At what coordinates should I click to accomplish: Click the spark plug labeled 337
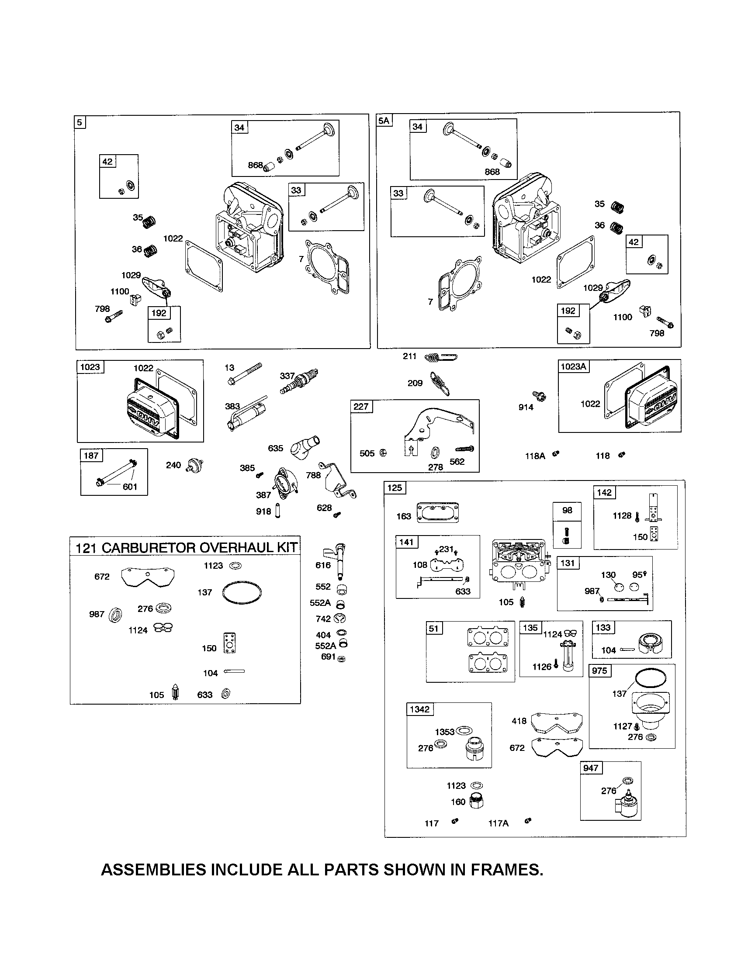click(299, 382)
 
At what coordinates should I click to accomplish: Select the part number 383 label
click(232, 406)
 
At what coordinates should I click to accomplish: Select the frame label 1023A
click(574, 366)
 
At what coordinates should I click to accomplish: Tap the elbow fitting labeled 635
click(305, 446)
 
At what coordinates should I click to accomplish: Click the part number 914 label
click(526, 407)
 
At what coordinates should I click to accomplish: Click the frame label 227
click(361, 406)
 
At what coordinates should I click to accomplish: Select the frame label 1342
click(419, 709)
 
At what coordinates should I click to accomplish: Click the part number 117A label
click(498, 823)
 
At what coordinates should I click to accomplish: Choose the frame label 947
click(591, 768)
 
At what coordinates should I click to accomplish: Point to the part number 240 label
click(173, 465)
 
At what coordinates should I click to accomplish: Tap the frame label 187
click(91, 456)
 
